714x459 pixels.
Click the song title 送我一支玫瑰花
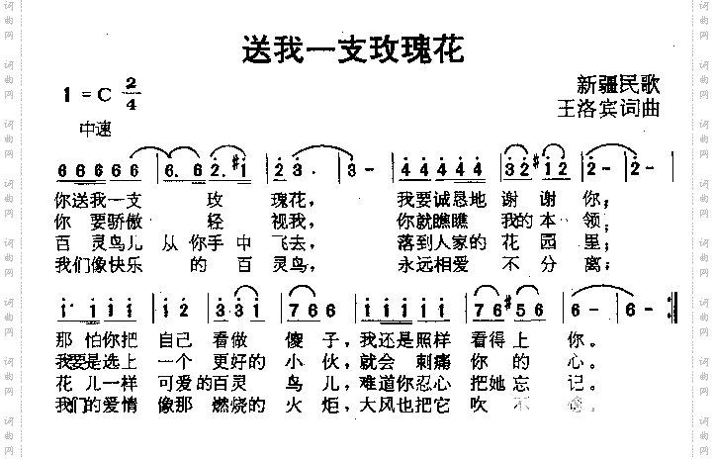[353, 48]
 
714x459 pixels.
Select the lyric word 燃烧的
[238, 406]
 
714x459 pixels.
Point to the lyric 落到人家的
[442, 242]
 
